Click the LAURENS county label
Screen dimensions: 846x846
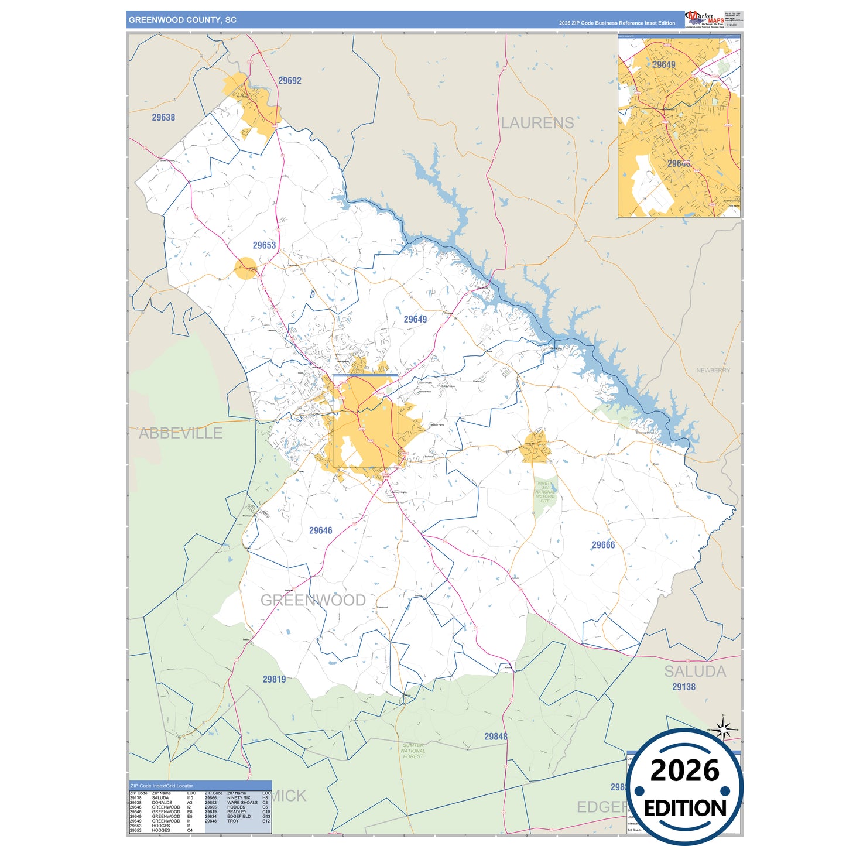tap(537, 123)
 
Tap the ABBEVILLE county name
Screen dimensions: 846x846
tap(180, 433)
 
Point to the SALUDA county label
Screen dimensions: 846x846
tap(694, 672)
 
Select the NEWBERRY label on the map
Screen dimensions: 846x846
tap(713, 371)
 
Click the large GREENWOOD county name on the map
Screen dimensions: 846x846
tap(313, 600)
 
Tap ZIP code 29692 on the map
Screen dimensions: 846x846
tap(290, 81)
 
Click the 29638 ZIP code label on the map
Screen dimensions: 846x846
tap(163, 118)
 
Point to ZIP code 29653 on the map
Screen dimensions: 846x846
tap(264, 246)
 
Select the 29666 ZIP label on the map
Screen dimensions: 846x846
tap(603, 545)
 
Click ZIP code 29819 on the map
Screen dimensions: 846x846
tap(274, 679)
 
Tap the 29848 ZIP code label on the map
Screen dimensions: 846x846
tap(495, 737)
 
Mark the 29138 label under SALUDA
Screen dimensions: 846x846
tap(683, 687)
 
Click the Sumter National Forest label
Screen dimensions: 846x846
tap(413, 751)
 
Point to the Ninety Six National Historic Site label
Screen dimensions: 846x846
tap(545, 492)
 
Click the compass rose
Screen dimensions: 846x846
tap(724, 730)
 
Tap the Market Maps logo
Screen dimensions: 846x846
tap(704, 19)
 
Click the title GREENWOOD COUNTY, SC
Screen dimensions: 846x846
tap(182, 20)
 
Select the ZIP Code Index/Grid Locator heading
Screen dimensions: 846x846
tap(162, 786)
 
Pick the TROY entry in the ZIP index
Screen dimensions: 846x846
tap(232, 821)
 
